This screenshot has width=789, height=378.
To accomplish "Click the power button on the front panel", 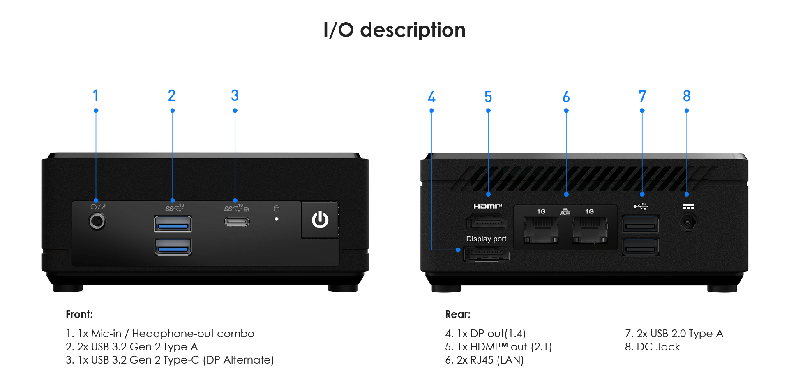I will [320, 220].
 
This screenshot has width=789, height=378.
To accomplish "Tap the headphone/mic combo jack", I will [97, 221].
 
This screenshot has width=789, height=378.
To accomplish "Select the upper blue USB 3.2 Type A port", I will [173, 224].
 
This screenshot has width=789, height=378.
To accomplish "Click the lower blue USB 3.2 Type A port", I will [173, 247].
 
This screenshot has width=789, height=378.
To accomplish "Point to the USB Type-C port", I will [237, 222].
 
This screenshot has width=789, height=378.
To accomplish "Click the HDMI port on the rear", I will [486, 223].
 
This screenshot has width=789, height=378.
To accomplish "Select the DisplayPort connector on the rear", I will [486, 254].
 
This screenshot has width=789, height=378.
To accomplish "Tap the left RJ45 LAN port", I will [541, 230].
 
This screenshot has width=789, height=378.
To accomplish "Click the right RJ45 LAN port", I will [590, 230].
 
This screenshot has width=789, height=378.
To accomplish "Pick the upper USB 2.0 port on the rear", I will [640, 224].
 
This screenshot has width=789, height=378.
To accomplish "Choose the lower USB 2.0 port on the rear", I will [640, 247].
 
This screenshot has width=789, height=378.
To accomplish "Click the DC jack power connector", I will [688, 223].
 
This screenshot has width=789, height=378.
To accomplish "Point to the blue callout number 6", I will [566, 97].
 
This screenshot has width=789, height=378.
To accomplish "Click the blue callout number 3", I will [235, 96].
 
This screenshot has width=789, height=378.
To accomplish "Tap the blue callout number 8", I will [687, 96].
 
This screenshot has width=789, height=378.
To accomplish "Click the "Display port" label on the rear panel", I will [486, 239].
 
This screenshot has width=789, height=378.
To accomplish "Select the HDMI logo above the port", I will [487, 206].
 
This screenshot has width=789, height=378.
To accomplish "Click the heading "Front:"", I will [79, 314].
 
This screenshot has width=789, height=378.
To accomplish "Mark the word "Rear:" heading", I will [458, 314].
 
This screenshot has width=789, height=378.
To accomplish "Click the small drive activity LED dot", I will [277, 219].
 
